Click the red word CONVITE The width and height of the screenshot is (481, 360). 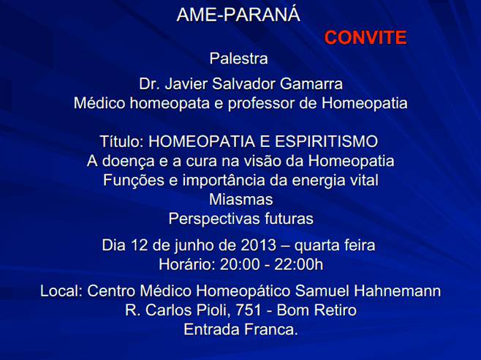click(366, 37)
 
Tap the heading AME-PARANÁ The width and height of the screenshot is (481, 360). click(238, 14)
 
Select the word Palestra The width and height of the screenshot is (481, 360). click(238, 59)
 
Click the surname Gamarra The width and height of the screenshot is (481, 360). click(311, 84)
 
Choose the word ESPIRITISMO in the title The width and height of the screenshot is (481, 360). click(326, 142)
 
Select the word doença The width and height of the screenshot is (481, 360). click(128, 161)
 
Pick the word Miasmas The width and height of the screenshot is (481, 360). click(240, 199)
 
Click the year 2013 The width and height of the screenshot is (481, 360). click(258, 245)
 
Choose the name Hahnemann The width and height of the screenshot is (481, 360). click(397, 291)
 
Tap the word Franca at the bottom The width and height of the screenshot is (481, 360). click(271, 329)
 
